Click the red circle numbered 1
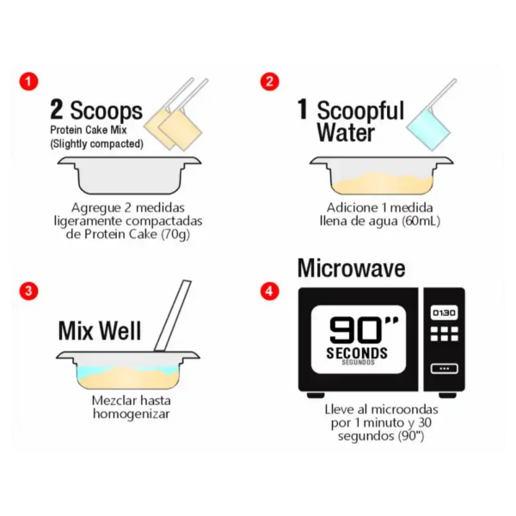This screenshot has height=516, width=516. click(x=28, y=82)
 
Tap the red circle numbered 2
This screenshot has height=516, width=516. click(x=269, y=82)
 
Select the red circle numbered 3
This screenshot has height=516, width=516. click(x=28, y=291)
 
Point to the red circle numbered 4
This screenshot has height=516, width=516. click(x=269, y=291)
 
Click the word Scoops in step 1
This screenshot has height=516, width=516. click(x=106, y=111)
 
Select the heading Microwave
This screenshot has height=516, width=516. click(x=351, y=268)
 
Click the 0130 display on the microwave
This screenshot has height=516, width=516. click(x=444, y=313)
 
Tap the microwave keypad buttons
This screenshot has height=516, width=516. click(x=444, y=334)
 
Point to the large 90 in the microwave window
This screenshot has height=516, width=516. click(x=355, y=330)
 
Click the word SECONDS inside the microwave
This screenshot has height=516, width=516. click(x=357, y=353)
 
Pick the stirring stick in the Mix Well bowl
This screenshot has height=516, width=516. click(x=173, y=316)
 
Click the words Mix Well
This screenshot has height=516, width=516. click(x=100, y=331)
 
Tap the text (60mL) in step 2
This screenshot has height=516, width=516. click(x=421, y=221)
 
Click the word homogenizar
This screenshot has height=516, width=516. click(x=132, y=414)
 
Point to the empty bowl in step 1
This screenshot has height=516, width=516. click(x=129, y=175)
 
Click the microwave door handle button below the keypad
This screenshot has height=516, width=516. click(x=445, y=369)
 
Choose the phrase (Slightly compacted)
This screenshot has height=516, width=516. click(x=96, y=144)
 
